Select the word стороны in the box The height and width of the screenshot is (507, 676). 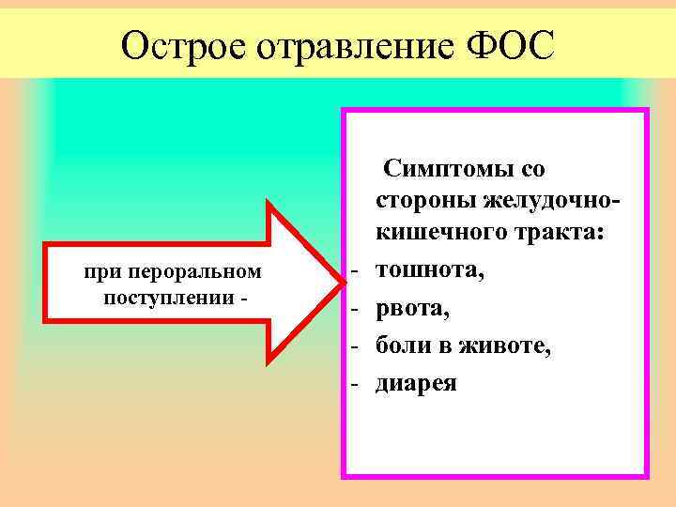(x=425, y=201)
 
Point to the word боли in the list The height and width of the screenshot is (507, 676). (x=404, y=346)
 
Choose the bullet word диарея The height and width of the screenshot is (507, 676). (x=416, y=383)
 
